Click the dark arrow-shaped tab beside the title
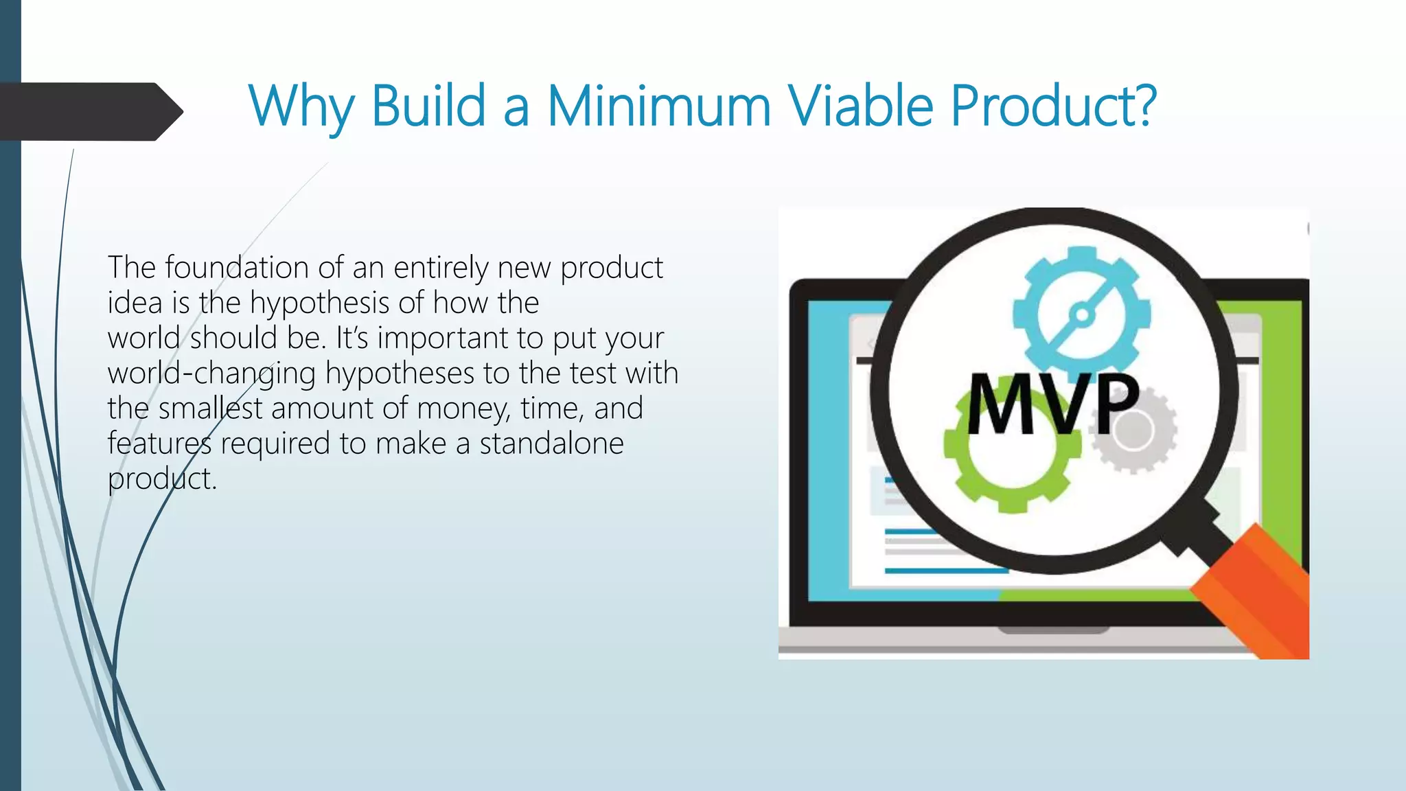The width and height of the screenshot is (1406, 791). pos(89,112)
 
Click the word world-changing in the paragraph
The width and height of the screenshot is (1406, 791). pos(211,374)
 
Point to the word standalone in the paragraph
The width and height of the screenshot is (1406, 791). pos(551,444)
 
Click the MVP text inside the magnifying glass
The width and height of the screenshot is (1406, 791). pos(1053,405)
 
